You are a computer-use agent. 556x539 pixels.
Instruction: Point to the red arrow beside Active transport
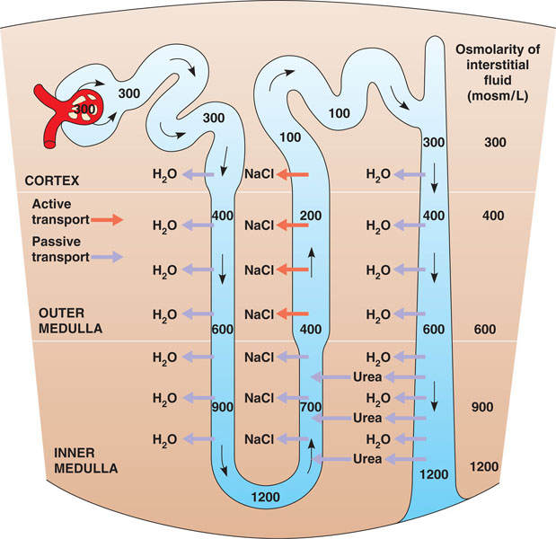tap(104, 219)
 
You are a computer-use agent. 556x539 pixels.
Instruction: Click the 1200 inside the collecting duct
tap(433, 473)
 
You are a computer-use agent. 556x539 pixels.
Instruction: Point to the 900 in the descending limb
tap(223, 407)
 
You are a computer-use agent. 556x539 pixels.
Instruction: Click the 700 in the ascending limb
tap(311, 408)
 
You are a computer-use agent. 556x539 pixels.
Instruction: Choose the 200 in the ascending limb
tap(312, 216)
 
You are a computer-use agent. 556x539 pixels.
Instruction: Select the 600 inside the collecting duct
tap(434, 329)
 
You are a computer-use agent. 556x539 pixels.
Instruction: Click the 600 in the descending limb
tap(223, 329)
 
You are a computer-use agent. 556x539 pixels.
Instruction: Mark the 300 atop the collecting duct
tap(434, 142)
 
